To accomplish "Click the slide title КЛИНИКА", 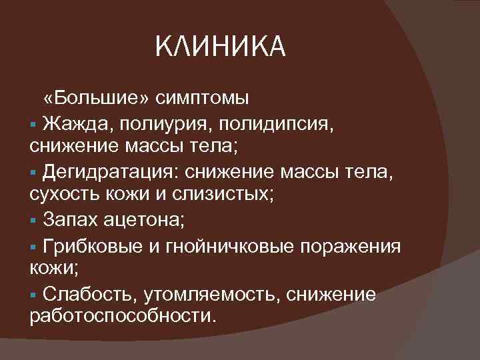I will pyautogui.click(x=219, y=47).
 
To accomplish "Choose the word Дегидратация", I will pyautogui.click(x=109, y=172).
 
